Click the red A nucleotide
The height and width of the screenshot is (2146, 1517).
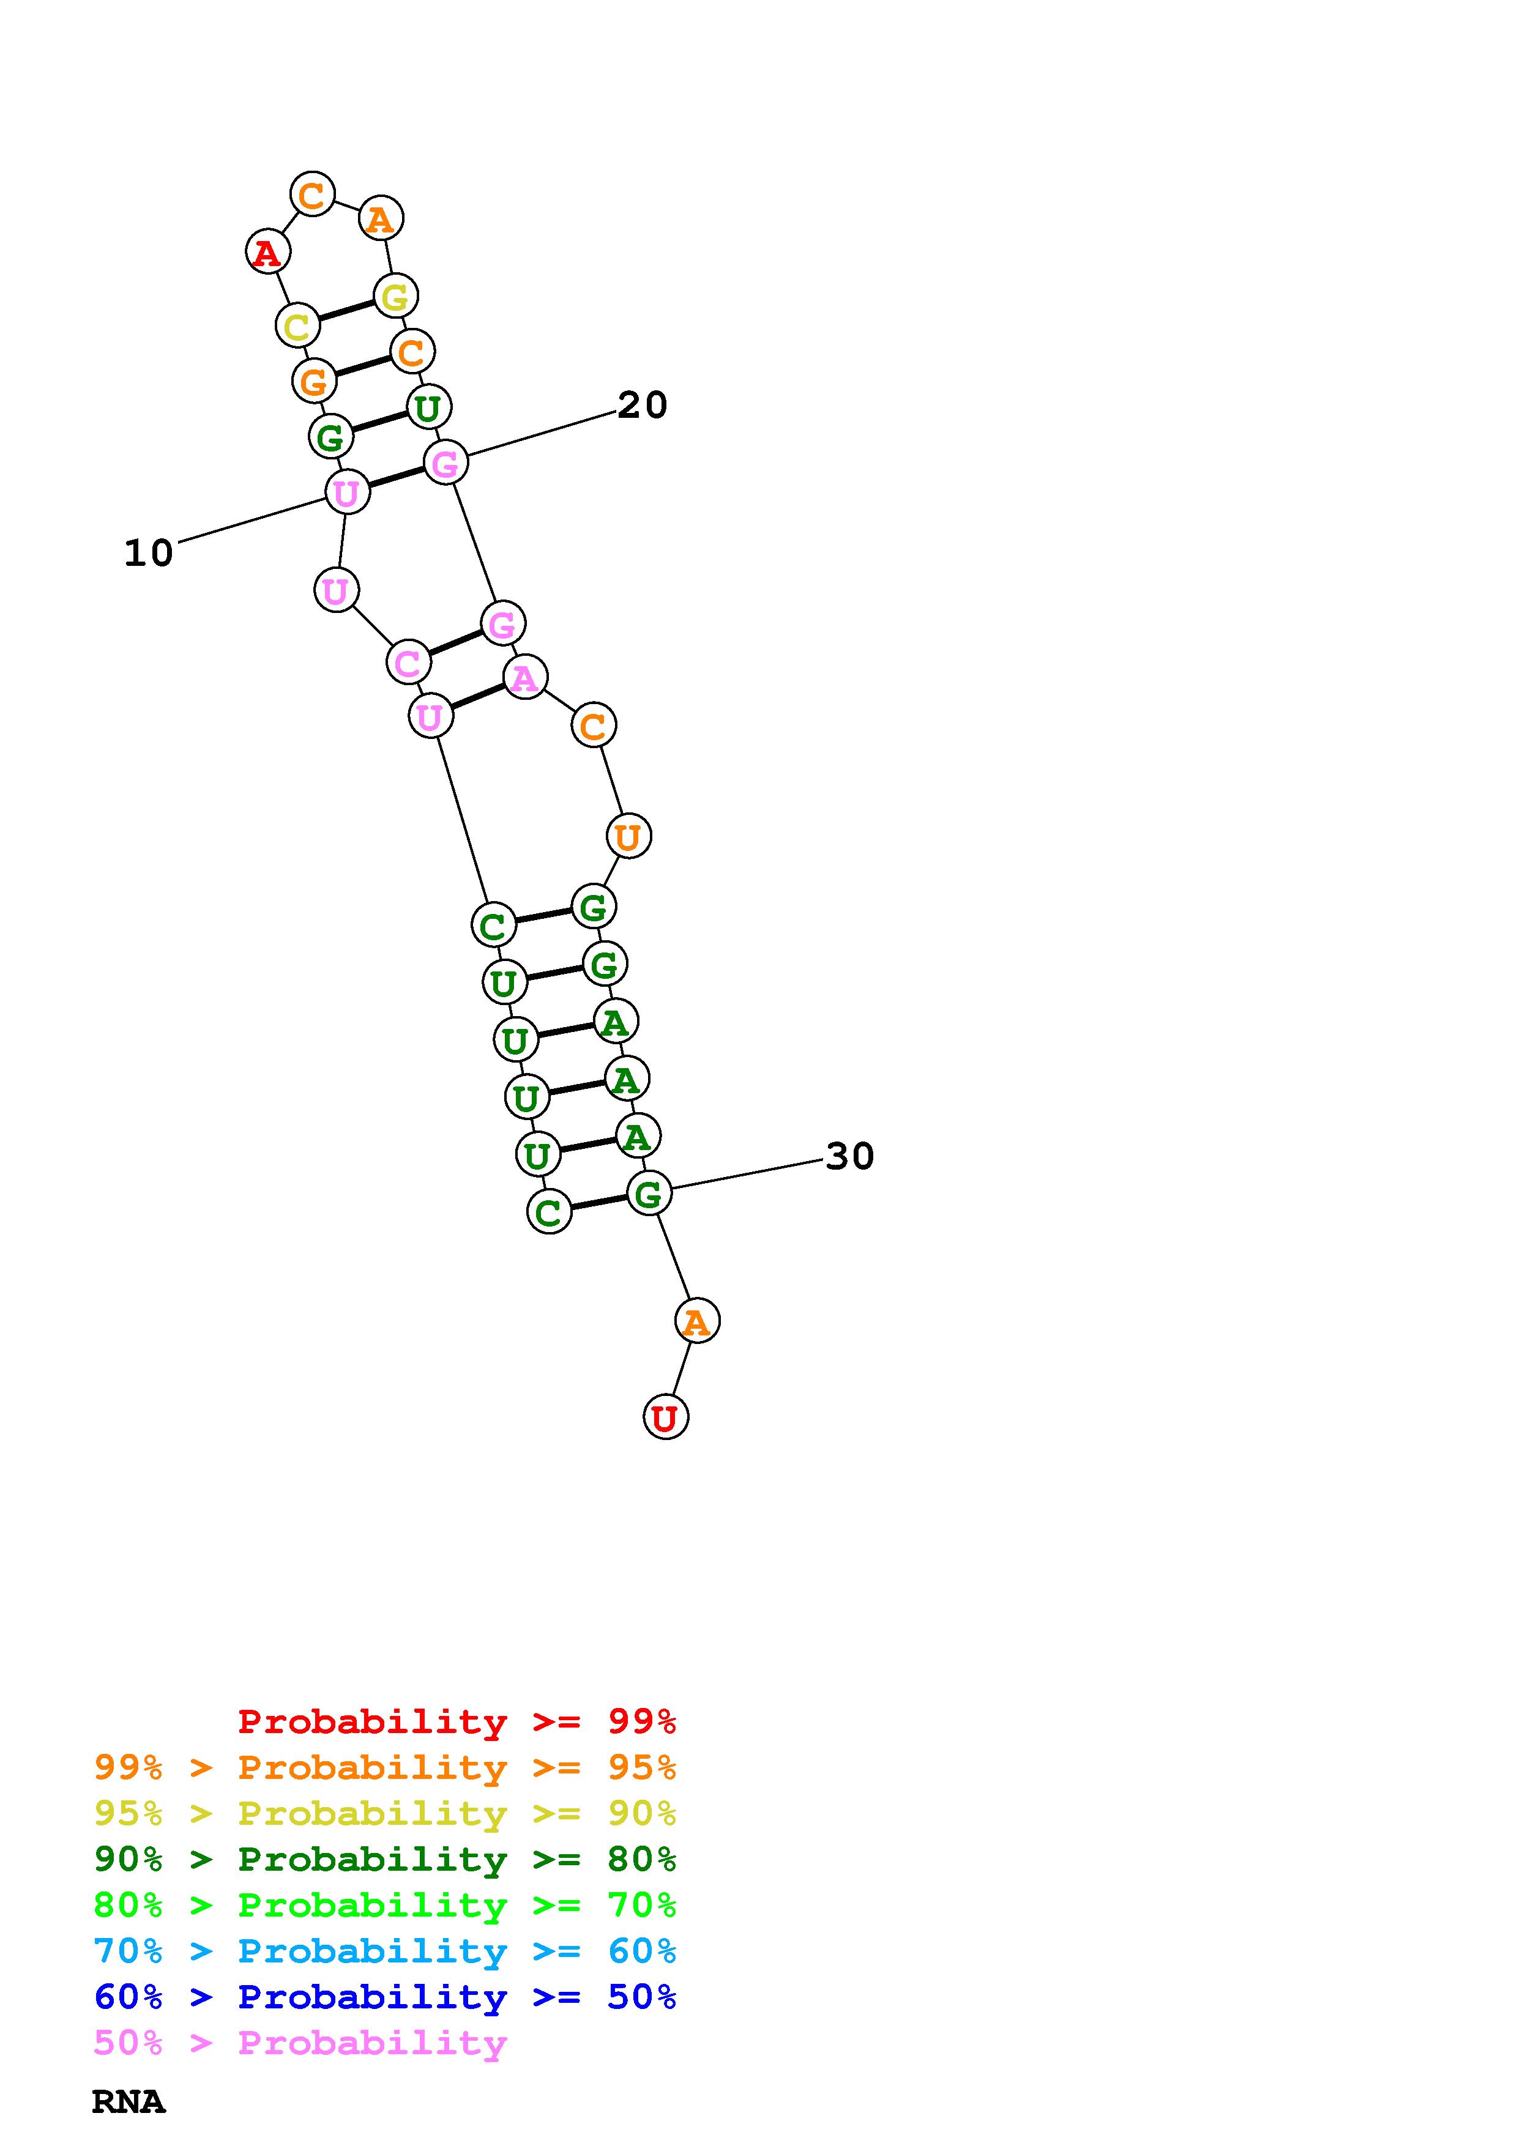[x=267, y=253]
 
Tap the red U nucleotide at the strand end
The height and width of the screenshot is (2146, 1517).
[x=666, y=1417]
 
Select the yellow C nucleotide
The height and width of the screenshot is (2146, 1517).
[x=297, y=326]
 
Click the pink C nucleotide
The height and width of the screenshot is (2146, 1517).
[x=408, y=663]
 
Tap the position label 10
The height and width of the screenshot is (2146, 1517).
[x=149, y=554]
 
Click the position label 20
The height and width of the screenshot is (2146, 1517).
[x=642, y=405]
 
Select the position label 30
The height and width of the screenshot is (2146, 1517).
[x=849, y=1156]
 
